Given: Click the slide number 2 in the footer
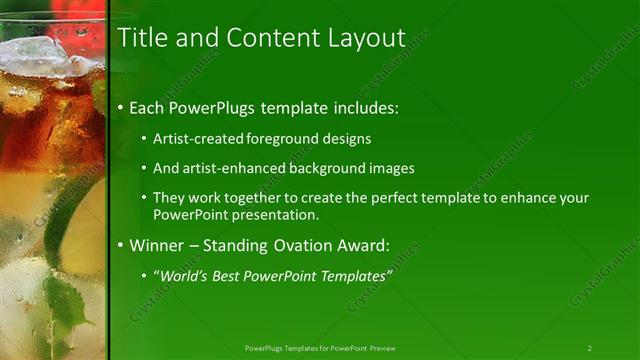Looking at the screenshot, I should click(x=589, y=348).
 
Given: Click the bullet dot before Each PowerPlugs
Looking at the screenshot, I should click(x=122, y=107).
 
